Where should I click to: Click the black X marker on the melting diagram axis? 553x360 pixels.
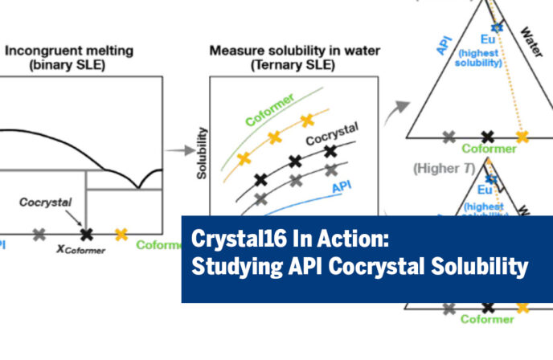87,234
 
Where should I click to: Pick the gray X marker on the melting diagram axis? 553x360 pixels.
39,235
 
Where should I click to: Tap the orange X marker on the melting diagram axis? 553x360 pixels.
121,234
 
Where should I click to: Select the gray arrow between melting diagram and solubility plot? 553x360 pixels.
178,150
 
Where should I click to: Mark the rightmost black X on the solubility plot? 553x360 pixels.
331,149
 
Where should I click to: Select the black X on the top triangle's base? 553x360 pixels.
486,137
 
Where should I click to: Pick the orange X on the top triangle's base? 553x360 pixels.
522,137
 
